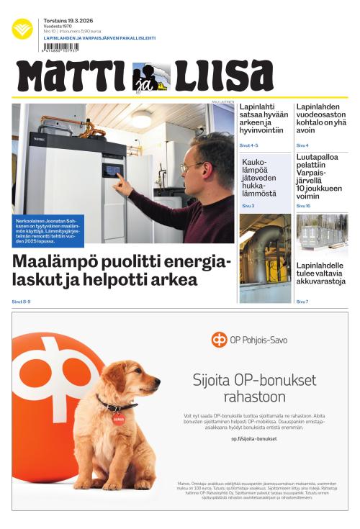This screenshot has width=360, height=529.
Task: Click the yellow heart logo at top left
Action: [22, 29]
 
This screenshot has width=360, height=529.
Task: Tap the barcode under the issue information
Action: [60, 48]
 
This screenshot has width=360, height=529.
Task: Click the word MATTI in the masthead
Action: [72, 76]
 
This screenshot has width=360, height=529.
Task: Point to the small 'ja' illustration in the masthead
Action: [151, 78]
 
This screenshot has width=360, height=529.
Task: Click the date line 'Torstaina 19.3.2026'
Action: [66, 22]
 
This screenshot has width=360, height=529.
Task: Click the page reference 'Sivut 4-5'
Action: [248, 145]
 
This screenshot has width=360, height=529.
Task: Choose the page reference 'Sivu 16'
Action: [303, 206]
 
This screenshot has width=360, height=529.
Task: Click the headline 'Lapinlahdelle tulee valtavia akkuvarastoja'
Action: [321, 273]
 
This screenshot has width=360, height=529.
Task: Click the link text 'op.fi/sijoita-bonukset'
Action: [254, 438]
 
